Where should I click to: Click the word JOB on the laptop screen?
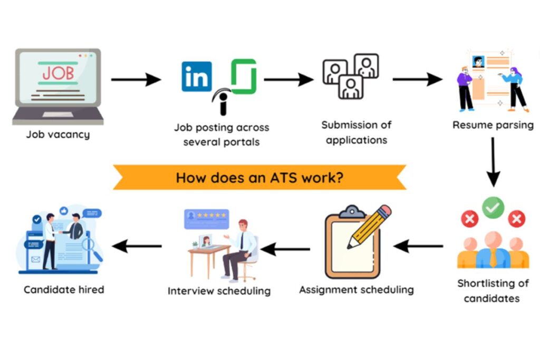58,73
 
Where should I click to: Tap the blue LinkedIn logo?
197,76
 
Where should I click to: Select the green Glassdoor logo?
244,76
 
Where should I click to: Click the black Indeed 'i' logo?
223,102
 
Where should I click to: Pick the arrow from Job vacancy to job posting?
136,80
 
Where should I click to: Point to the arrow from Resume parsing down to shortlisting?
493,161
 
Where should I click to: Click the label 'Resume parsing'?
493,125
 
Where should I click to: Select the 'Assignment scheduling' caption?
356,289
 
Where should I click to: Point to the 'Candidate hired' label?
64,289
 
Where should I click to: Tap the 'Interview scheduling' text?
219,290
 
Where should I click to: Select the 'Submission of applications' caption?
356,132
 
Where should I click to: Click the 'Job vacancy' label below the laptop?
58,134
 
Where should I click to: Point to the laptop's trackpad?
58,114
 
